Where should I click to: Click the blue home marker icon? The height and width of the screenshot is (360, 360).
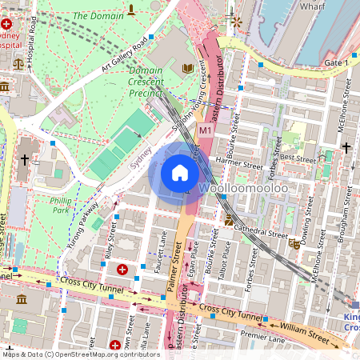coord(180,173)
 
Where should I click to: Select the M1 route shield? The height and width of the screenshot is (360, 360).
coord(205,130)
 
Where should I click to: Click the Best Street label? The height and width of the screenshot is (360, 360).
coord(298,159)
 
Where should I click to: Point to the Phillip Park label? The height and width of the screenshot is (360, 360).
coord(60,206)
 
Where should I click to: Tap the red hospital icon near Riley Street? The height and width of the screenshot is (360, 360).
coord(122,270)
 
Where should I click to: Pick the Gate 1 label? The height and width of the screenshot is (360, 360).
coord(336,62)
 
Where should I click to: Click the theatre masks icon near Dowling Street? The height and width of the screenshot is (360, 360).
coord(296,244)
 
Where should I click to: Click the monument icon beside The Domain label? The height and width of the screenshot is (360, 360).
coord(130,11)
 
